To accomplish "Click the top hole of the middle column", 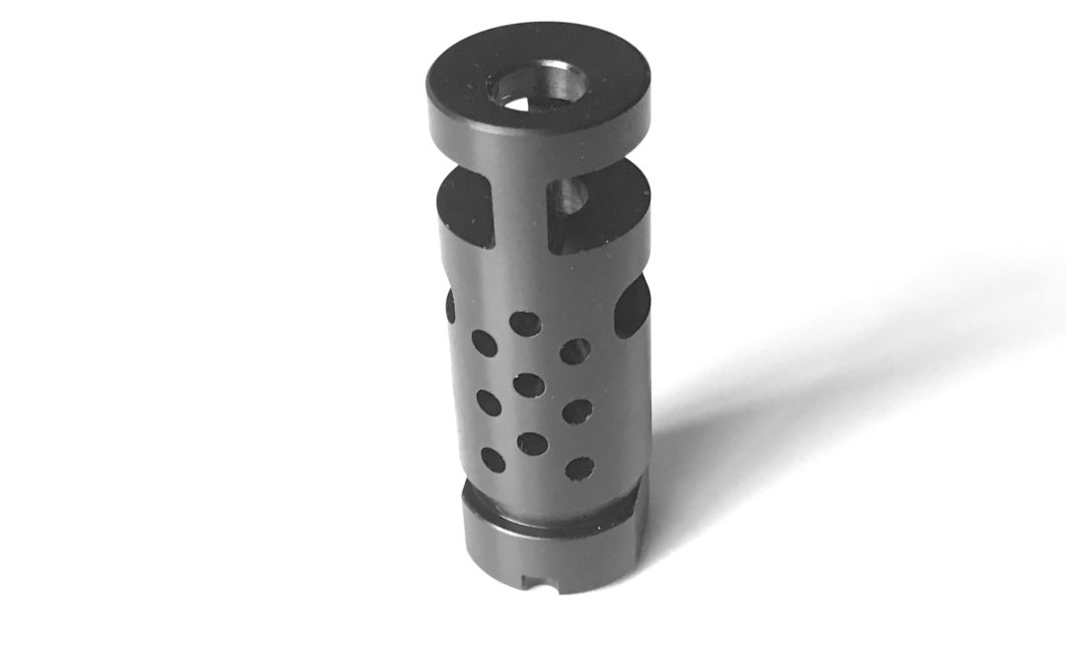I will [x=526, y=324].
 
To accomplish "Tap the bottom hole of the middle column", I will [x=531, y=443].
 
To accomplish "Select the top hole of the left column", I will [x=483, y=341].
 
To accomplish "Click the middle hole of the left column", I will [x=487, y=400].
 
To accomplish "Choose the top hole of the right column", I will [x=575, y=350].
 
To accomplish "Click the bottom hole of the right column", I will [x=579, y=467].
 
